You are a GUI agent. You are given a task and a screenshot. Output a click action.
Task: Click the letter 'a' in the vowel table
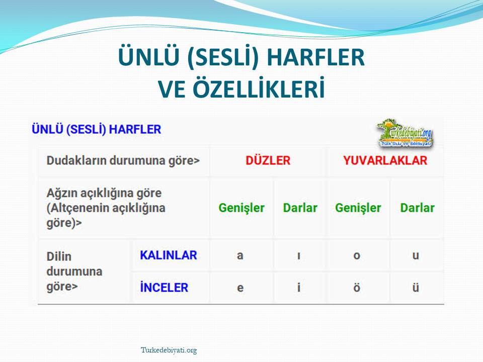click(240, 255)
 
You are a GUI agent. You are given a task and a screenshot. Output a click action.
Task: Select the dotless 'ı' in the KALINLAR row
click(299, 255)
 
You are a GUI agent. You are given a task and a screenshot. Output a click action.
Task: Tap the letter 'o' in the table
click(357, 255)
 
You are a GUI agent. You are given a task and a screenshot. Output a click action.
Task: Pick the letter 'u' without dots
click(416, 255)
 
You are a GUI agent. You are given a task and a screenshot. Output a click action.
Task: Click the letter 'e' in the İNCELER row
click(240, 288)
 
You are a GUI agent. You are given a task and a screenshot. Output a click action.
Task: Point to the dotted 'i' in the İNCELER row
click(299, 287)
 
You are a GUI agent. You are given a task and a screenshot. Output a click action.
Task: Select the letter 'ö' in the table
click(357, 287)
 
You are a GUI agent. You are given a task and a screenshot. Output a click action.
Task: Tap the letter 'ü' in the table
click(416, 287)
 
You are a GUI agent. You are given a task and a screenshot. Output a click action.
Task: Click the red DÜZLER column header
click(268, 160)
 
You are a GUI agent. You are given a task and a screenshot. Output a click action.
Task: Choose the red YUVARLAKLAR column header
click(385, 160)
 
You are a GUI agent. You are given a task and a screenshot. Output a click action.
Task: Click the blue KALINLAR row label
click(168, 255)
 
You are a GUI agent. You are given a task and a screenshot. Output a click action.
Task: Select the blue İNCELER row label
click(164, 287)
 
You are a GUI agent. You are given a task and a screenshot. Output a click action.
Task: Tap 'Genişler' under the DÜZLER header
click(242, 208)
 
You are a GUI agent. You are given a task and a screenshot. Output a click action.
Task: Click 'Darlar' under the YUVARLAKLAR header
click(418, 208)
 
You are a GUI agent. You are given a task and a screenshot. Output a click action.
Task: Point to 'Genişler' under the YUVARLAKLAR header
click(358, 208)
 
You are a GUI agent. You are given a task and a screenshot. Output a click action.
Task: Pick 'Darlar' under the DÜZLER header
click(300, 208)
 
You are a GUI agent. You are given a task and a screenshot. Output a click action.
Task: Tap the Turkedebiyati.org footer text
click(169, 350)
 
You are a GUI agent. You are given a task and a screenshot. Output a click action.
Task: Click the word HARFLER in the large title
click(316, 57)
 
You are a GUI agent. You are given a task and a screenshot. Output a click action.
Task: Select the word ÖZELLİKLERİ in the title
click(259, 88)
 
